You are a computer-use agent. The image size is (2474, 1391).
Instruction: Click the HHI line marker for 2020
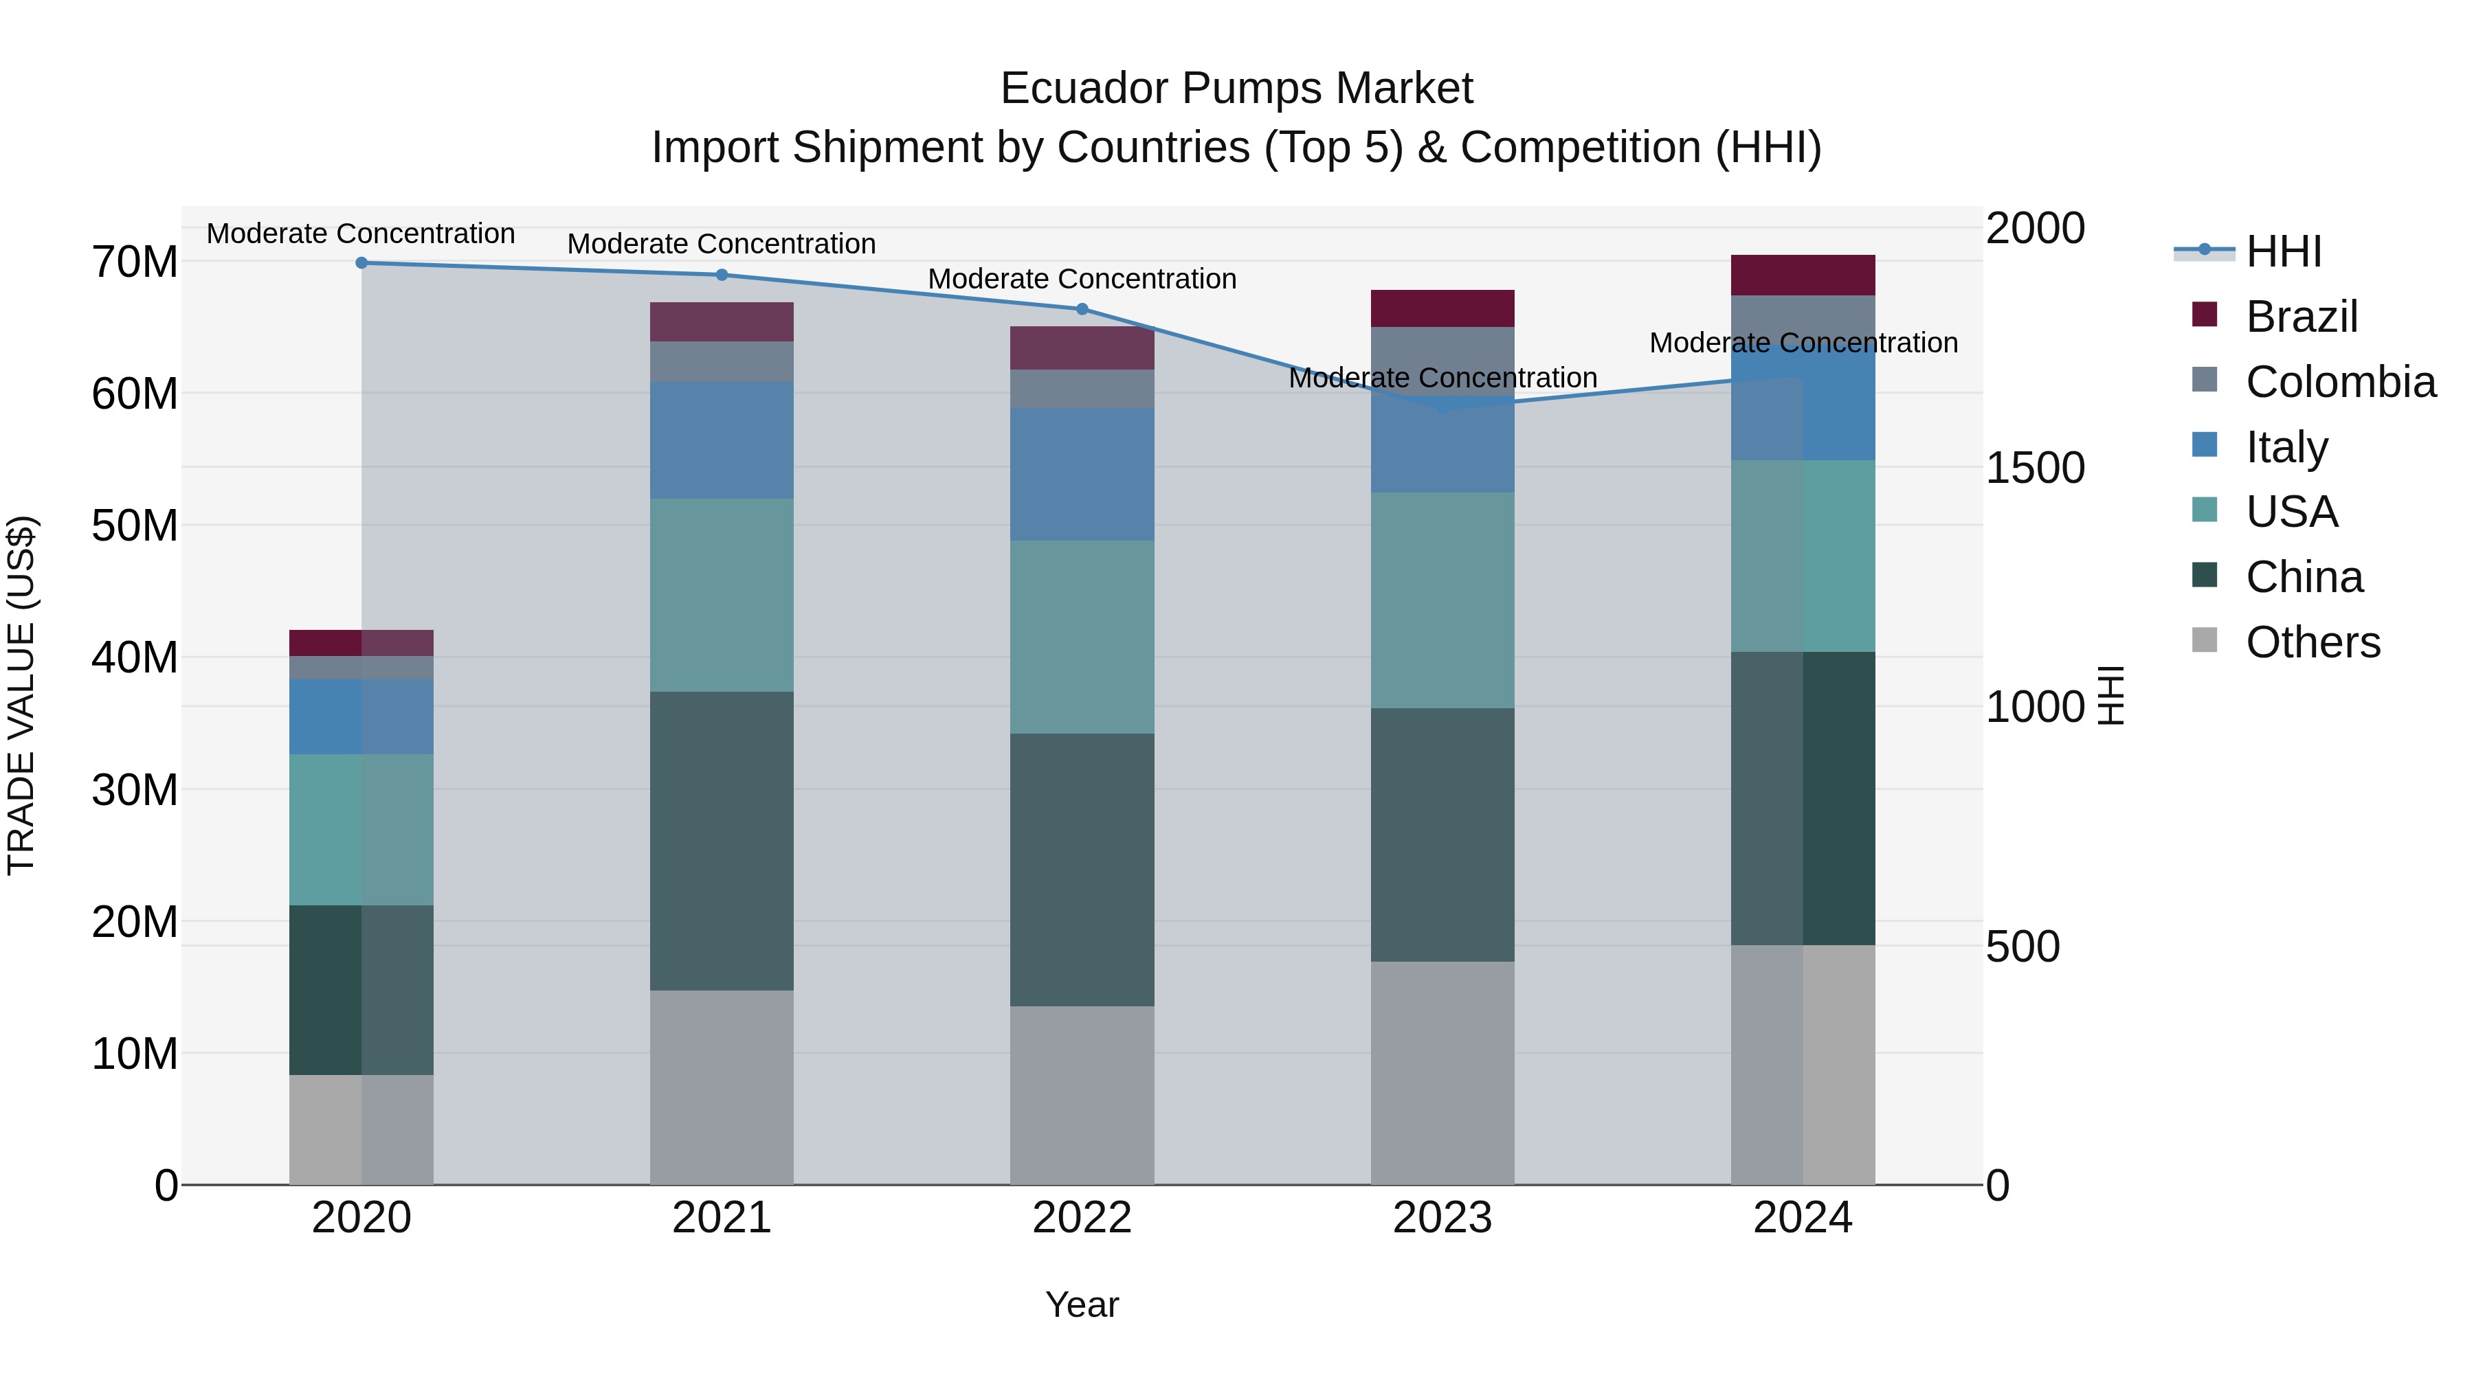pyautogui.click(x=361, y=263)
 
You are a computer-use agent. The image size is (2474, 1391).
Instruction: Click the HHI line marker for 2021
pyautogui.click(x=722, y=275)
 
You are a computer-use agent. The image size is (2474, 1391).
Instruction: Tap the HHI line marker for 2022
pyautogui.click(x=1082, y=309)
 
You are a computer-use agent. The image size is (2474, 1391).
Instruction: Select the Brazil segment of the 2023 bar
pyautogui.click(x=1442, y=308)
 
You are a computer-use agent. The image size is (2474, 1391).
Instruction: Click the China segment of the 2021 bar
pyautogui.click(x=722, y=841)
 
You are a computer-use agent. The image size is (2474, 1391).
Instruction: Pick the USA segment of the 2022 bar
pyautogui.click(x=1082, y=637)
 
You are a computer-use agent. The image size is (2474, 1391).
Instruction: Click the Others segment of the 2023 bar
pyautogui.click(x=1442, y=1073)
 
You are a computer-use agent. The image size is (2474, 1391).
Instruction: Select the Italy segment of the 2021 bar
pyautogui.click(x=722, y=440)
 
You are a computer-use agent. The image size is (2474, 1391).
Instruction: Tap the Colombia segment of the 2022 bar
pyautogui.click(x=1082, y=389)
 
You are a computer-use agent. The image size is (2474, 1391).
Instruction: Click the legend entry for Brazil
pyautogui.click(x=2301, y=317)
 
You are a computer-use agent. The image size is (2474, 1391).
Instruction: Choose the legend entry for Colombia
pyautogui.click(x=2339, y=382)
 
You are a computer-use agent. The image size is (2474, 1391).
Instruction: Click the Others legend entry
pyautogui.click(x=2312, y=642)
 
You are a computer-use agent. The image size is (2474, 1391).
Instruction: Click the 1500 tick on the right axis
pyautogui.click(x=2034, y=468)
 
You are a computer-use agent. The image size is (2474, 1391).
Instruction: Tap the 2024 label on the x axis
pyautogui.click(x=1803, y=1218)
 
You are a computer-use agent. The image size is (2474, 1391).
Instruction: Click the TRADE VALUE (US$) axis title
pyautogui.click(x=21, y=695)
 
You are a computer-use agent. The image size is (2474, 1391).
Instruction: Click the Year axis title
pyautogui.click(x=1082, y=1304)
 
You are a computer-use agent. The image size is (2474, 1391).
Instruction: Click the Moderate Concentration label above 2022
pyautogui.click(x=1082, y=280)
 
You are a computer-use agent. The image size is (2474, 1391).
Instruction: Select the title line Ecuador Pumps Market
pyautogui.click(x=1236, y=89)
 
